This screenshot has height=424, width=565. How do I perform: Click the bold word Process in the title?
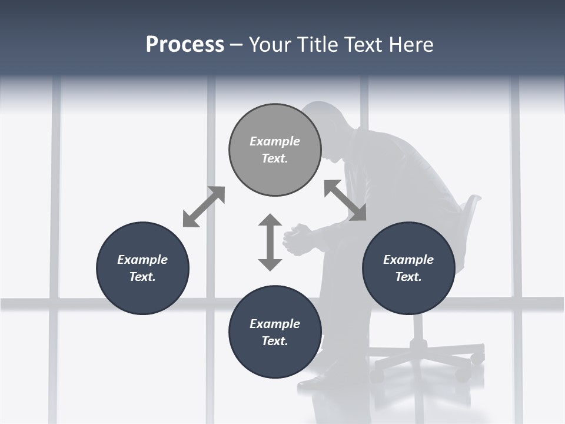tap(185, 45)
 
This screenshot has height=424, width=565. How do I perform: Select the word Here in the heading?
tap(412, 45)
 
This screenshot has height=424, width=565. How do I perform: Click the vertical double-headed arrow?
tap(270, 242)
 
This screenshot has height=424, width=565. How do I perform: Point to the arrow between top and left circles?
tap(204, 207)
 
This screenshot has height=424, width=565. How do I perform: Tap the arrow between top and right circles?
tap(345, 200)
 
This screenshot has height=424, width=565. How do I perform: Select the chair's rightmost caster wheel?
tap(478, 356)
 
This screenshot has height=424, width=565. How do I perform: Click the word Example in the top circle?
tap(275, 141)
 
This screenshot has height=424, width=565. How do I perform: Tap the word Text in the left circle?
tap(142, 277)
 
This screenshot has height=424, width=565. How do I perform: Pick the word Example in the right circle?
tap(408, 260)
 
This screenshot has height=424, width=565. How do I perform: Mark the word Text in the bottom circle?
tap(275, 341)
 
